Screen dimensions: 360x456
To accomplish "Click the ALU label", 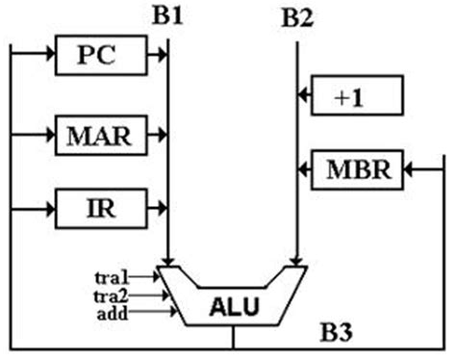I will pyautogui.click(x=233, y=306).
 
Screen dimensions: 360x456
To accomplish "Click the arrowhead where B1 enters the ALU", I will pyautogui.click(x=168, y=259).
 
